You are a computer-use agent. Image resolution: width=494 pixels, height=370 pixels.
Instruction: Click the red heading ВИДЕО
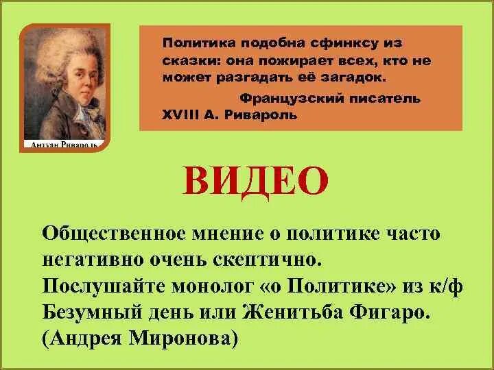click(255, 180)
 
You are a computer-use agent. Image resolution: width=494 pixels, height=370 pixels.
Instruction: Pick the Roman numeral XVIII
click(180, 114)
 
